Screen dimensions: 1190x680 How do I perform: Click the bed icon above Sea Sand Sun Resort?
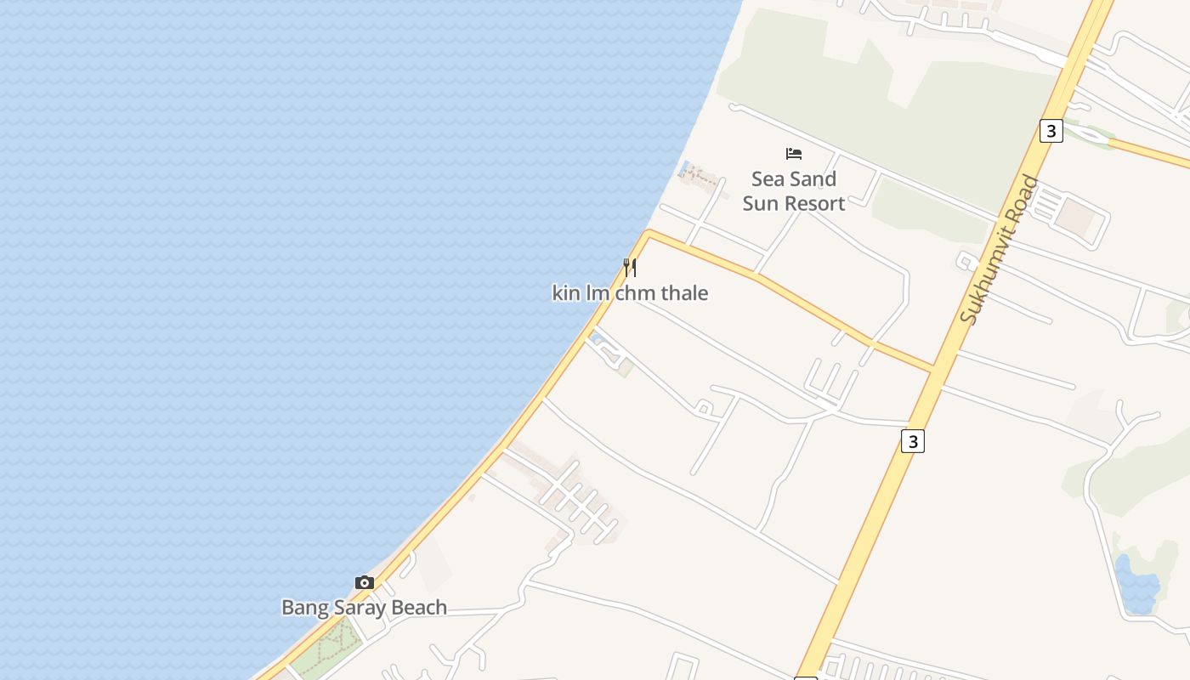[x=794, y=154]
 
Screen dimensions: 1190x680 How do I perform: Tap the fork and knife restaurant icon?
[x=630, y=268]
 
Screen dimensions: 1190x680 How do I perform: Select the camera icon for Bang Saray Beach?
[x=365, y=582]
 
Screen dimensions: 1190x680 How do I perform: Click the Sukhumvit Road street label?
[x=1000, y=248]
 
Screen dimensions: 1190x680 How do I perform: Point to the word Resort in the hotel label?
[x=817, y=203]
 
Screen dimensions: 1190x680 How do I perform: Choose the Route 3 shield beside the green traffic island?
[x=1051, y=131]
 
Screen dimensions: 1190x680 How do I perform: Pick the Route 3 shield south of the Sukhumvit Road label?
[x=912, y=441]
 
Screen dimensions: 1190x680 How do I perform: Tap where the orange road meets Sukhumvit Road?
[x=934, y=371]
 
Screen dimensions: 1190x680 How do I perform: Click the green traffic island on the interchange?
[x=1091, y=134]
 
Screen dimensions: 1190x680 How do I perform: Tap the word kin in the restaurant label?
[x=565, y=293]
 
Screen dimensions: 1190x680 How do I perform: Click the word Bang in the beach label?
[x=300, y=608]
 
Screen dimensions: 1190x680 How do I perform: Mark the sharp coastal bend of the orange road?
[x=649, y=231]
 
